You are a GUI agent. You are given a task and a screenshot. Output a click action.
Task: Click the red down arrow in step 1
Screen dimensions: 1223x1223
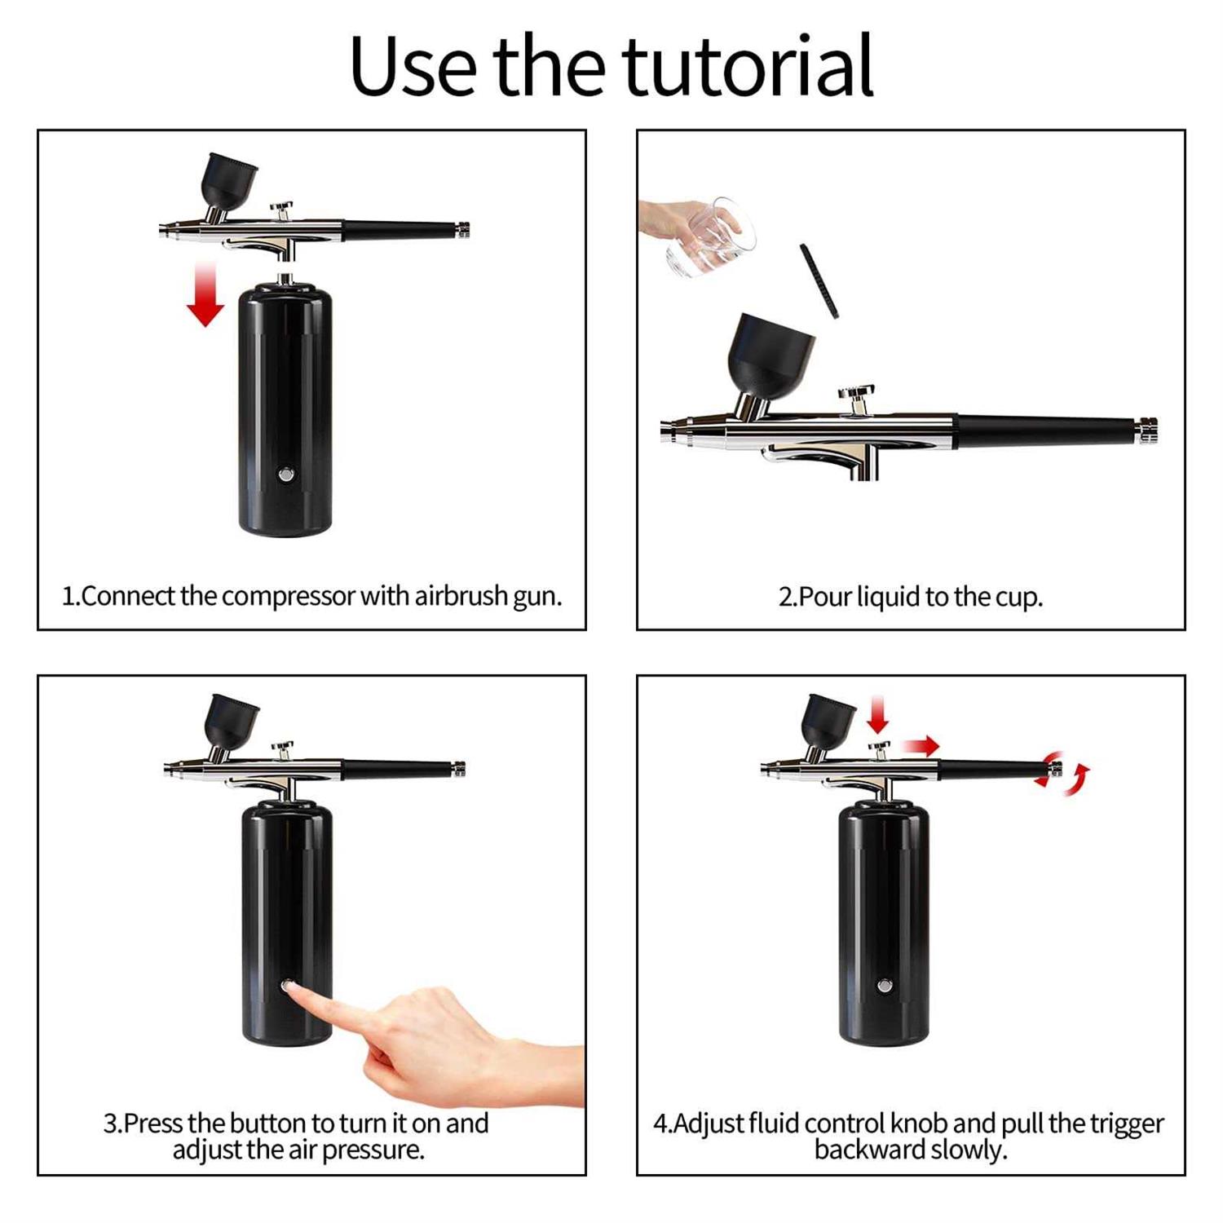[x=205, y=294]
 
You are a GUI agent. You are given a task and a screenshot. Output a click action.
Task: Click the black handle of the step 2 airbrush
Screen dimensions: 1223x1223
[x=1047, y=431]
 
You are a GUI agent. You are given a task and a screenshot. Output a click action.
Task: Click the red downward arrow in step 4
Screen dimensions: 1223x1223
[x=878, y=715]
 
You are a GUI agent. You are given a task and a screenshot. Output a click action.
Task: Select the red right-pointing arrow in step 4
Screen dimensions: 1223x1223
[x=922, y=745]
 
